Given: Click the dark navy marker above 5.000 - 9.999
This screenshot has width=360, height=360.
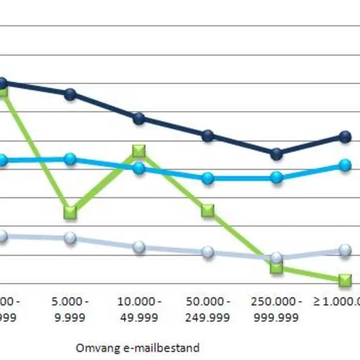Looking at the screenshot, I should point(70,94).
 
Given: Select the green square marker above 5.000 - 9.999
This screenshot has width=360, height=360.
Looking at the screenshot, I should point(70,213).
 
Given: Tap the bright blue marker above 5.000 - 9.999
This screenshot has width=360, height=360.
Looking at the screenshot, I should point(70,159).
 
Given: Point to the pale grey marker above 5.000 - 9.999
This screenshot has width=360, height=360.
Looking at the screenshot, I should point(70,238).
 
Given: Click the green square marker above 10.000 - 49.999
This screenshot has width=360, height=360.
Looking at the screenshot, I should point(139,151).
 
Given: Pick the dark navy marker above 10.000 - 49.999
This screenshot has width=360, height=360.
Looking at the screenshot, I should point(139,118).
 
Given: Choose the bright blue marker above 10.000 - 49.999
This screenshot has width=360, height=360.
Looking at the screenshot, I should point(139,168).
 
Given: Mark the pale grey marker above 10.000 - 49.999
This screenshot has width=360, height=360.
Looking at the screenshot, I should point(139,247).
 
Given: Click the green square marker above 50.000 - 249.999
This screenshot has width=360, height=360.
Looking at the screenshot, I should point(208,211).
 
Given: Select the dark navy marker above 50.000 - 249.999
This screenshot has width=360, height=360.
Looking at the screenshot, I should point(208,136).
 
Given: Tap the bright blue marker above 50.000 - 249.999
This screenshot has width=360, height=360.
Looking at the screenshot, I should point(208,178).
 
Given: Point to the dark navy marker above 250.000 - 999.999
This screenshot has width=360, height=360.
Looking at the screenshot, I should point(277,154).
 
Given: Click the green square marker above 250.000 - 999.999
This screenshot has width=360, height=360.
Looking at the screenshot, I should point(277,268).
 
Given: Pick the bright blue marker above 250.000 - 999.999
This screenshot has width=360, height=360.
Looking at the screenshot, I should point(277,177).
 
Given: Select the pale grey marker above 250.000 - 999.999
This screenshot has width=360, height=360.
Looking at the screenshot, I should point(277,257).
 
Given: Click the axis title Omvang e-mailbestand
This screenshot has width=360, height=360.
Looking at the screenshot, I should point(138,348).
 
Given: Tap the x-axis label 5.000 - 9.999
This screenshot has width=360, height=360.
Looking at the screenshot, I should point(70,309).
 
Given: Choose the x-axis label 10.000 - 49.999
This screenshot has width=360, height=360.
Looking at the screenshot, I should point(139,309).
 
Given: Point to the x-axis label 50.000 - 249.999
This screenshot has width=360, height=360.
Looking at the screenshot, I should point(208,309).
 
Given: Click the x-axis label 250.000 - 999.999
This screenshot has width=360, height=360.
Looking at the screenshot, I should point(277,309).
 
